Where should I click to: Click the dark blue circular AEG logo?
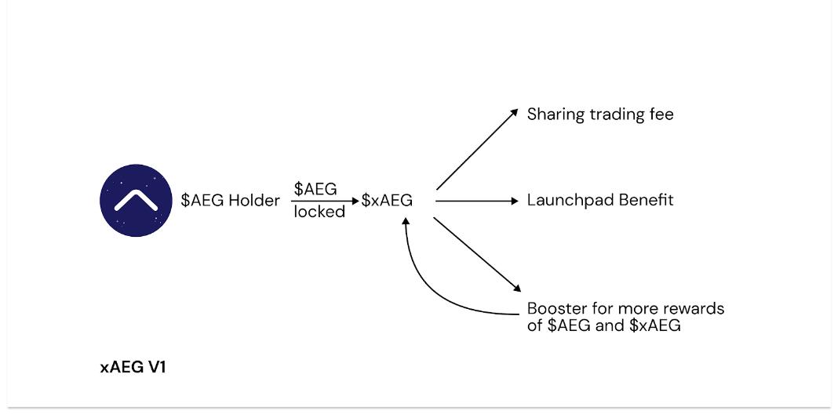(x=136, y=200)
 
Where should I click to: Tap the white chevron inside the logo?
(x=136, y=202)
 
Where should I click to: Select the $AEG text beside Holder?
(x=202, y=201)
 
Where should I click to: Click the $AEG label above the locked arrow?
(x=315, y=189)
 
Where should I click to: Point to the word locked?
(x=319, y=212)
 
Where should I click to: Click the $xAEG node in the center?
(x=387, y=201)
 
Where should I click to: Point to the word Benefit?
(x=646, y=200)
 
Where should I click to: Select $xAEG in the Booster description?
(x=654, y=325)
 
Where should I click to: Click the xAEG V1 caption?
(x=133, y=367)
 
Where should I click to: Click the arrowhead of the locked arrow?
(x=355, y=202)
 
